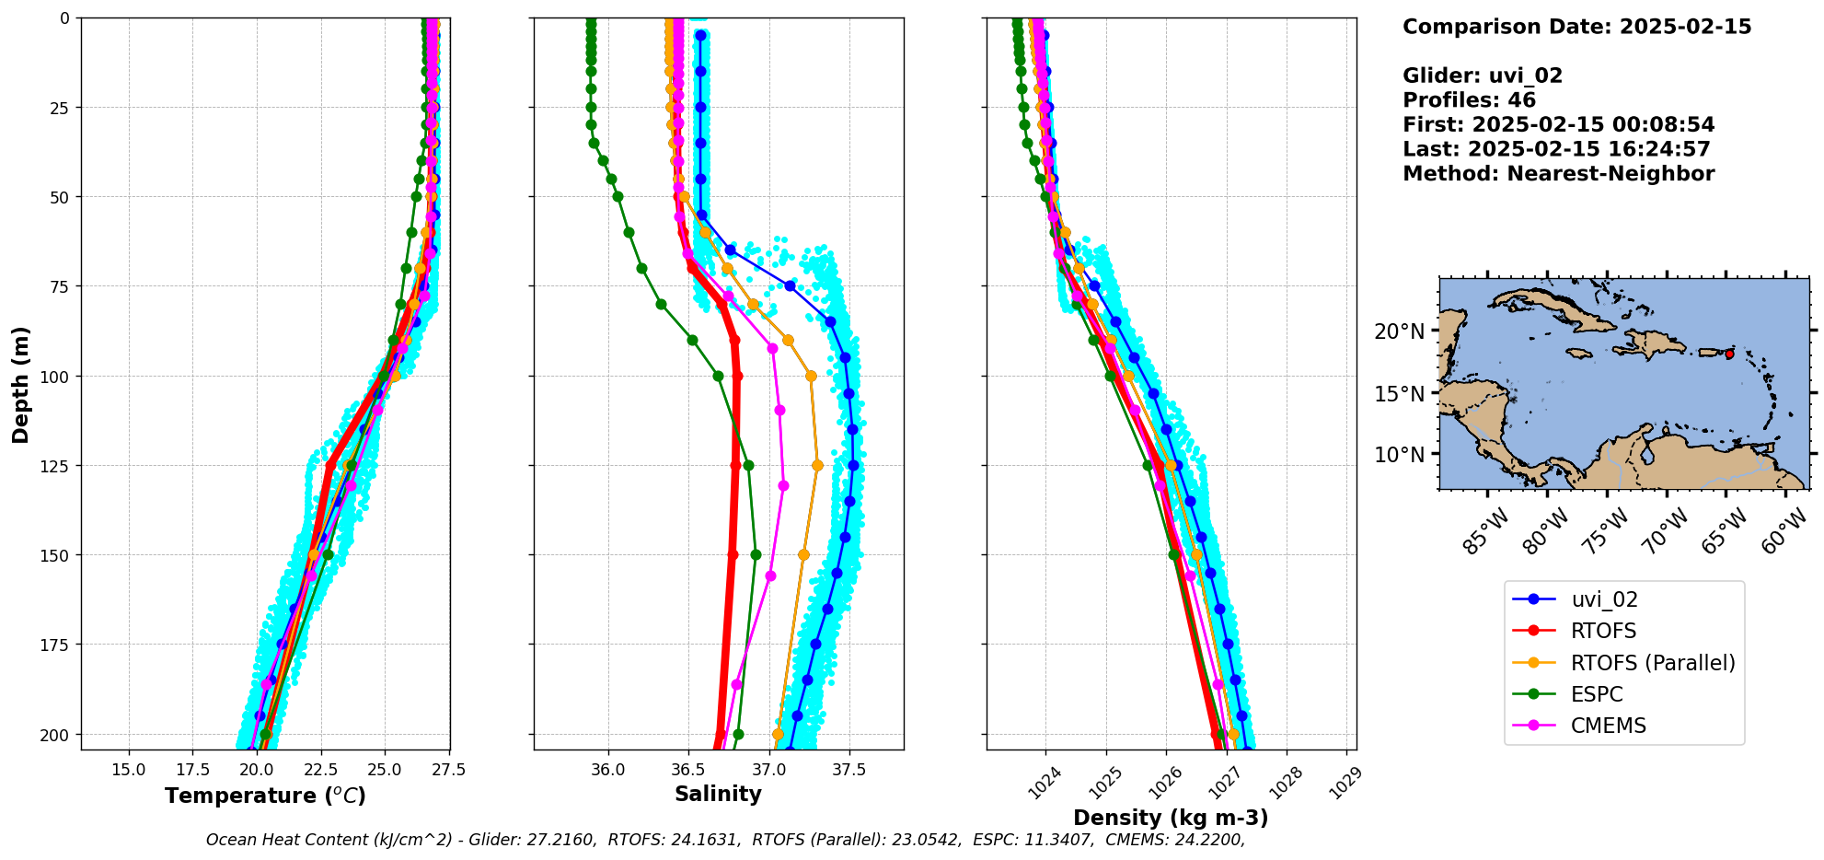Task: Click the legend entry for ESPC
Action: pyautogui.click(x=1597, y=694)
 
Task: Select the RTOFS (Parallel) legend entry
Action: pyautogui.click(x=1652, y=663)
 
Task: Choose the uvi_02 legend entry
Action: pyautogui.click(x=1604, y=599)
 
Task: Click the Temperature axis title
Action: pyautogui.click(x=265, y=796)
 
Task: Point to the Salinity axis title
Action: pyautogui.click(x=718, y=794)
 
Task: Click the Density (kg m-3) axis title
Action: pyautogui.click(x=1171, y=818)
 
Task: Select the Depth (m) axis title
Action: pyautogui.click(x=20, y=384)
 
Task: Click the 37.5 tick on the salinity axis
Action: pyautogui.click(x=849, y=770)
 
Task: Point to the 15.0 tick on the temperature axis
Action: pyautogui.click(x=129, y=770)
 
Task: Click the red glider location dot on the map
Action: pyautogui.click(x=1729, y=354)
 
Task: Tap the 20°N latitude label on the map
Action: pyautogui.click(x=1399, y=331)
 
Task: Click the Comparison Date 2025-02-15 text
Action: pyautogui.click(x=1576, y=27)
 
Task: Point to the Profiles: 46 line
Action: pyautogui.click(x=1469, y=100)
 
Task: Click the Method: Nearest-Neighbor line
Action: pyautogui.click(x=1558, y=174)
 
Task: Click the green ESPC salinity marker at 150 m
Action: pyautogui.click(x=756, y=554)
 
